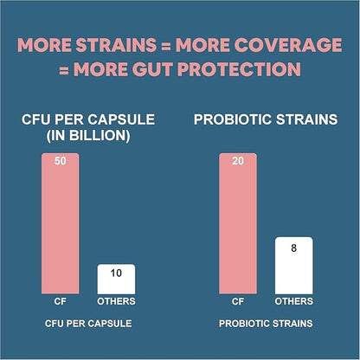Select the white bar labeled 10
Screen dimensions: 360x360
(116, 282)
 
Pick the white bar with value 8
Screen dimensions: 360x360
(293, 268)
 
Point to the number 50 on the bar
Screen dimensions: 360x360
(60, 162)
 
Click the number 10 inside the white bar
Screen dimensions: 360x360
(116, 273)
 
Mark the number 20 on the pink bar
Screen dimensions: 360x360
(238, 162)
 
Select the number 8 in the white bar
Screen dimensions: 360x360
(293, 247)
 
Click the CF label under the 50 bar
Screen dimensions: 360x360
(60, 302)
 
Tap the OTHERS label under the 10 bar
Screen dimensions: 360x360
(116, 302)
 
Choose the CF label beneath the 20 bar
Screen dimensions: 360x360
(238, 302)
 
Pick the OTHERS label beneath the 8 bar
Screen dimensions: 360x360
(293, 302)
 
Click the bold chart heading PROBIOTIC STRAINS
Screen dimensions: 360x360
(266, 120)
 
